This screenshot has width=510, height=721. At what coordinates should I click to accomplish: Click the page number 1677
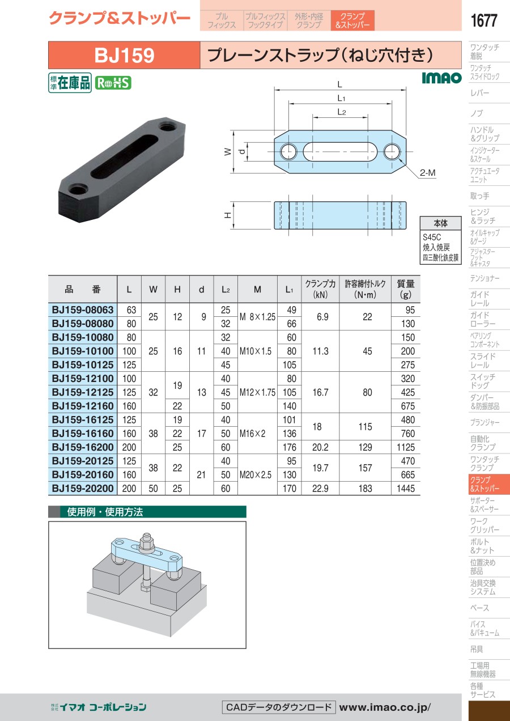(x=483, y=20)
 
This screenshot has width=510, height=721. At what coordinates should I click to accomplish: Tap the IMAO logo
(x=441, y=78)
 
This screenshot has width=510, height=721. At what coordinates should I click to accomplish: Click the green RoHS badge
(x=113, y=83)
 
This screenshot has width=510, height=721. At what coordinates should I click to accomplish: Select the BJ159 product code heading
(x=124, y=55)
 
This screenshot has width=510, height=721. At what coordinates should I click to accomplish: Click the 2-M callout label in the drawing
(x=427, y=173)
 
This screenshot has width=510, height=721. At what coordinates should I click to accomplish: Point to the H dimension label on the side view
(x=228, y=215)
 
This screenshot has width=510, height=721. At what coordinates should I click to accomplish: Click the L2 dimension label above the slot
(x=341, y=112)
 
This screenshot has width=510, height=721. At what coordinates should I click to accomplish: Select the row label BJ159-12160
(x=83, y=406)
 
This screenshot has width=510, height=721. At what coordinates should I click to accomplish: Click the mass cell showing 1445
(x=406, y=489)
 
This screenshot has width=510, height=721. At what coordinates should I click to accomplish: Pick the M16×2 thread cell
(x=252, y=434)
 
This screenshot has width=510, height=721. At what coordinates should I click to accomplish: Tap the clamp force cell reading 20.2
(x=320, y=447)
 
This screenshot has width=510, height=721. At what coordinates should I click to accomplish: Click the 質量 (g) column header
(x=405, y=289)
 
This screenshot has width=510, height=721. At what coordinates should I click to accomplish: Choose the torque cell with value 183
(x=365, y=489)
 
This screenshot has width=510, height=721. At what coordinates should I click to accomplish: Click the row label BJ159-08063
(x=83, y=310)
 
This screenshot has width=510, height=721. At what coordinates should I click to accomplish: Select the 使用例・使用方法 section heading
(x=105, y=512)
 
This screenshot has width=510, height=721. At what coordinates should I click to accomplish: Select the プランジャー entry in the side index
(x=484, y=422)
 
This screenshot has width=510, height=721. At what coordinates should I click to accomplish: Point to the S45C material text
(x=431, y=237)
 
